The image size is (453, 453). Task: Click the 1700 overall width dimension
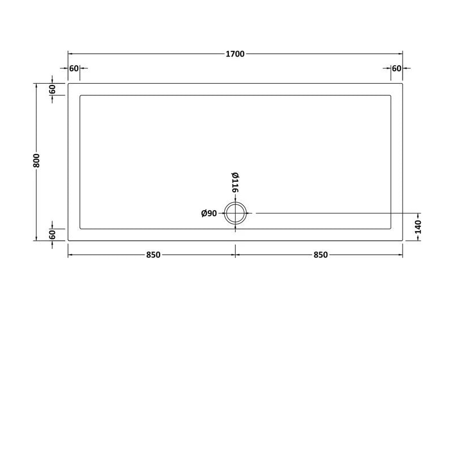click(235, 54)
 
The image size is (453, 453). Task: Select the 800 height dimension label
click(37, 161)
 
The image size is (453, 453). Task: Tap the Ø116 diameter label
click(234, 182)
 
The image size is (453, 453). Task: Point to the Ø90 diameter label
click(210, 213)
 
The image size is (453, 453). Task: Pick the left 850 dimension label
click(152, 255)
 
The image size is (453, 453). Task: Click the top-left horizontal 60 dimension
click(74, 69)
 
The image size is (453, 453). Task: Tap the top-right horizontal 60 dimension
click(396, 69)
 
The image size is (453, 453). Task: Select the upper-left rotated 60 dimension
click(52, 89)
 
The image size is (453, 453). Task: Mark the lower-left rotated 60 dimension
click(52, 234)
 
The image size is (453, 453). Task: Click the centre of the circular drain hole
click(235, 213)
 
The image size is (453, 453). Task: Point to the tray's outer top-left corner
click(68, 83)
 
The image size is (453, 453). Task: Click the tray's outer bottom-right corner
click(403, 241)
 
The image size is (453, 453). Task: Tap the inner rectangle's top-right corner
click(391, 95)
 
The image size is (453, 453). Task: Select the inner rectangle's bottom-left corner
click(80, 229)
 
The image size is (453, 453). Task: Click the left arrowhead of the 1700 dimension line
click(70, 54)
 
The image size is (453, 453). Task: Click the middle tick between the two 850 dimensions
click(236, 255)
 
